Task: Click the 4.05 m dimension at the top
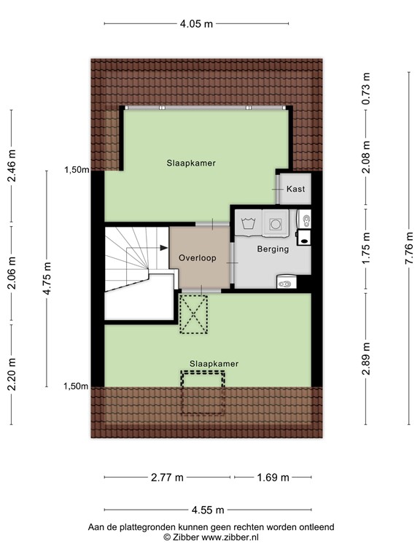197,23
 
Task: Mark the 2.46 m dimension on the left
11,164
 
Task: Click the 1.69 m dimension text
273,478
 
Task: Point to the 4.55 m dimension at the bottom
208,510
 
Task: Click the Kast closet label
295,189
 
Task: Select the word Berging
273,249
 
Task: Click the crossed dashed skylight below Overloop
194,315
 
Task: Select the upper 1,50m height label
76,170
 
